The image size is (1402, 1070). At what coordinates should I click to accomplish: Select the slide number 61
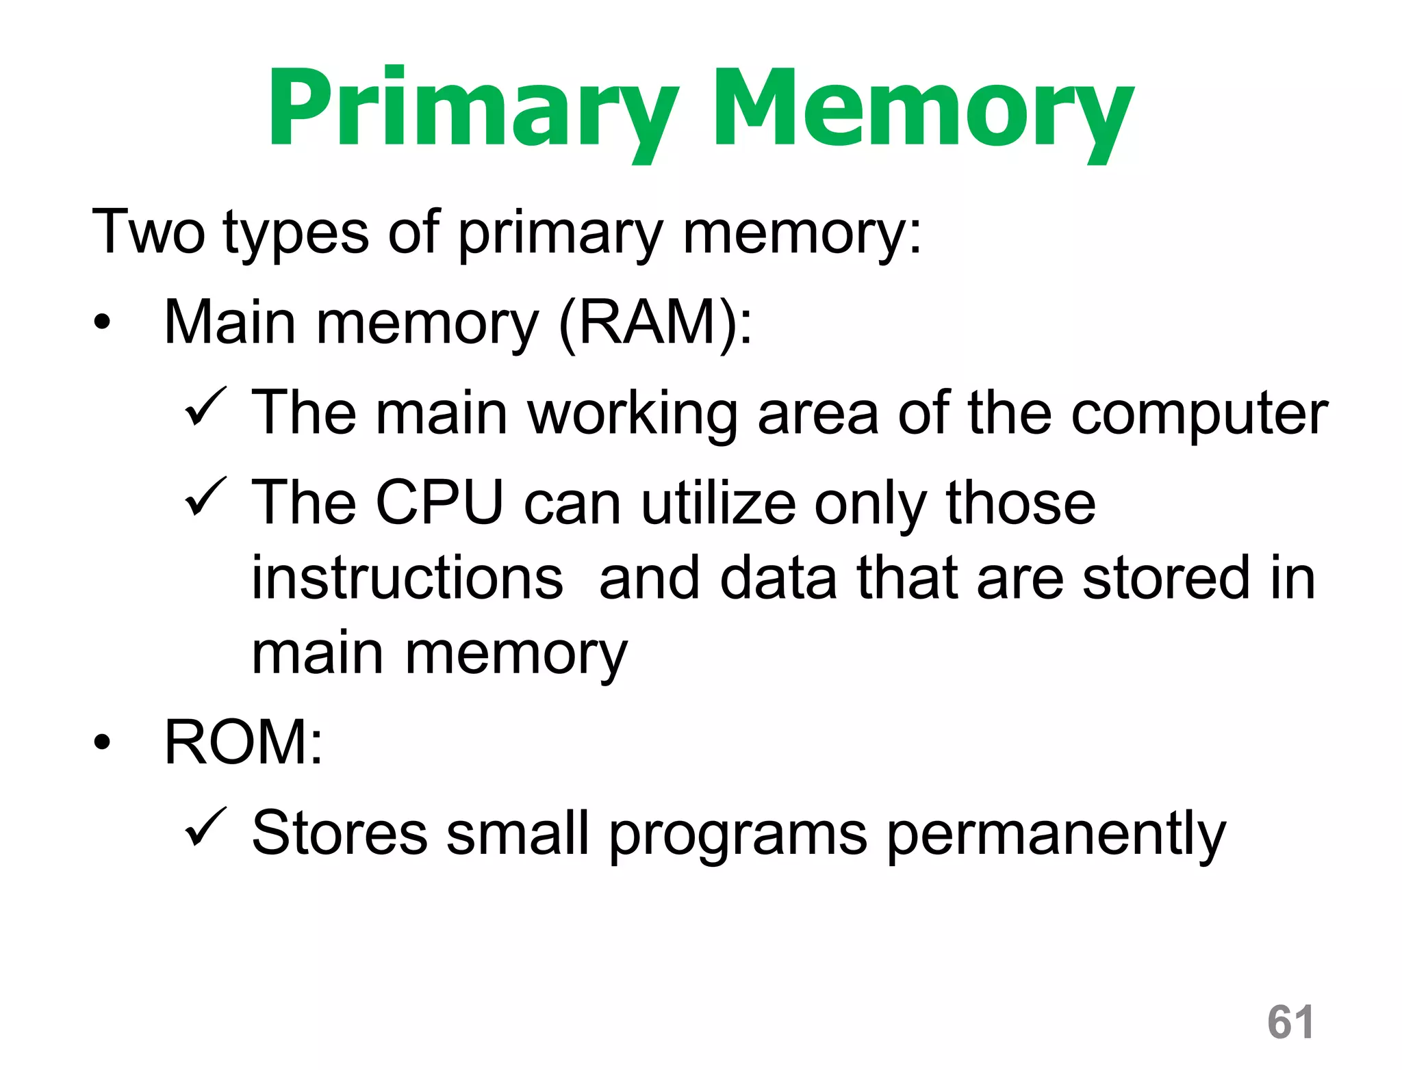click(1290, 1022)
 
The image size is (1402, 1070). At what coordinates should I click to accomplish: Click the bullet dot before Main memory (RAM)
click(102, 322)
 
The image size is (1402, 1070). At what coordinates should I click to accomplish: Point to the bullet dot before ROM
click(102, 742)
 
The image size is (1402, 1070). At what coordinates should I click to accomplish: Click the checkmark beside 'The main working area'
click(205, 407)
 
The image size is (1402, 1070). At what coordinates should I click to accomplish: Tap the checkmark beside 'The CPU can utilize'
click(205, 497)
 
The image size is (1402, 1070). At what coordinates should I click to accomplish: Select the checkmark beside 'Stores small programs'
click(205, 828)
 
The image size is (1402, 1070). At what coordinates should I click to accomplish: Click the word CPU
click(439, 503)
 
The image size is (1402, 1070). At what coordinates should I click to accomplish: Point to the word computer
click(1199, 414)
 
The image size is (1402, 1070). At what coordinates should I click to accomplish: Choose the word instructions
click(407, 578)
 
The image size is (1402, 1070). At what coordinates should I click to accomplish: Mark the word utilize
click(719, 503)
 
